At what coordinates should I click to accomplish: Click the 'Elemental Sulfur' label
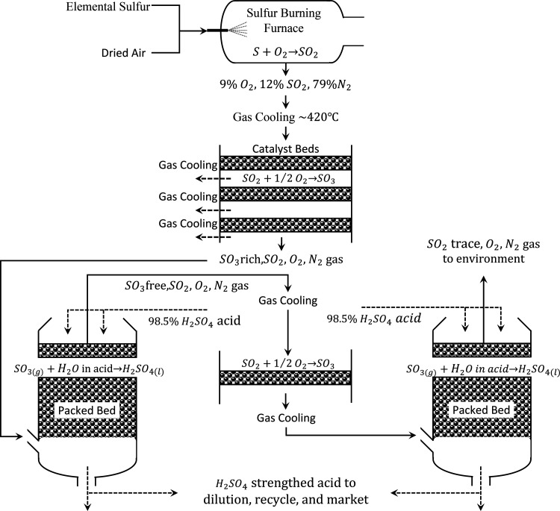tap(108, 7)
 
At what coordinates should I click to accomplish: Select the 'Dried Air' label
tap(123, 53)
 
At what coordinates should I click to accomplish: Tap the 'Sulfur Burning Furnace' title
tap(284, 20)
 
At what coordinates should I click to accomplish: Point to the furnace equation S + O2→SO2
tap(285, 52)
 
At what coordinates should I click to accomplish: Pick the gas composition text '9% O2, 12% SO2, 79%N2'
tap(285, 85)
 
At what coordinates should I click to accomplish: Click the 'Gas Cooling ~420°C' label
tap(286, 116)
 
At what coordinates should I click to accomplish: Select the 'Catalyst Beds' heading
tap(286, 148)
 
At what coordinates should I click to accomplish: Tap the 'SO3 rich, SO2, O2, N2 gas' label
tap(281, 260)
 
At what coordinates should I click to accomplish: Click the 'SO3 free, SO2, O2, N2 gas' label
tap(187, 286)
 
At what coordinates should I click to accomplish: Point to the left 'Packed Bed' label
tap(87, 410)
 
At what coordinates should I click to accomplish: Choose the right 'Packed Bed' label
tap(481, 410)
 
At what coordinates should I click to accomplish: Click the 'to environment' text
tap(484, 258)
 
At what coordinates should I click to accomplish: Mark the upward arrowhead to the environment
tap(484, 280)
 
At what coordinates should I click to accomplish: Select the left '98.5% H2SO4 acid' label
tap(195, 322)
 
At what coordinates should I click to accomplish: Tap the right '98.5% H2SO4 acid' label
tap(374, 319)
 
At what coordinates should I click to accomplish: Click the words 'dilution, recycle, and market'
tap(286, 499)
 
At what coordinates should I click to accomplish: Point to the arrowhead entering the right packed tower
tap(412, 436)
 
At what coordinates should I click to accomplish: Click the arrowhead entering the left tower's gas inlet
tap(19, 436)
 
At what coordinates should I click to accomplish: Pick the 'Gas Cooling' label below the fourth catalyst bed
tap(286, 418)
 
